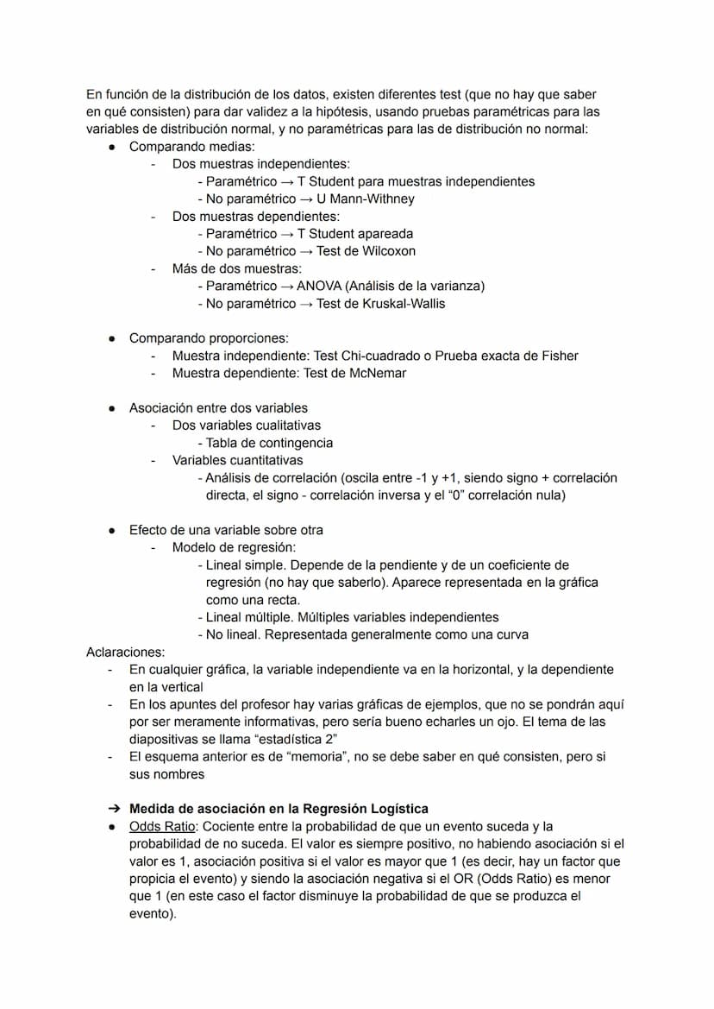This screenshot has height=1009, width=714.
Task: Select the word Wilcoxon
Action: (386, 251)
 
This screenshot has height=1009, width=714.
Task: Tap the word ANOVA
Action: (320, 286)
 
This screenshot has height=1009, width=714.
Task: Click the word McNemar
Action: (376, 373)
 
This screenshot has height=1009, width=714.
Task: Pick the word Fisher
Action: (558, 356)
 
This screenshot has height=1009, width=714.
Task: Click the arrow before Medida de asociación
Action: (112, 809)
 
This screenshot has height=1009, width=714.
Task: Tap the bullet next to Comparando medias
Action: (112, 147)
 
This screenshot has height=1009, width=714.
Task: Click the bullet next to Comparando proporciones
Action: (112, 338)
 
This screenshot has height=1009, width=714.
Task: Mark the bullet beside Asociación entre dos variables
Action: (112, 408)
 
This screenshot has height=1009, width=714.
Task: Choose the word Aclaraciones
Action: (125, 652)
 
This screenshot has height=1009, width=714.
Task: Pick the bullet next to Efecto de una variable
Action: (112, 530)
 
